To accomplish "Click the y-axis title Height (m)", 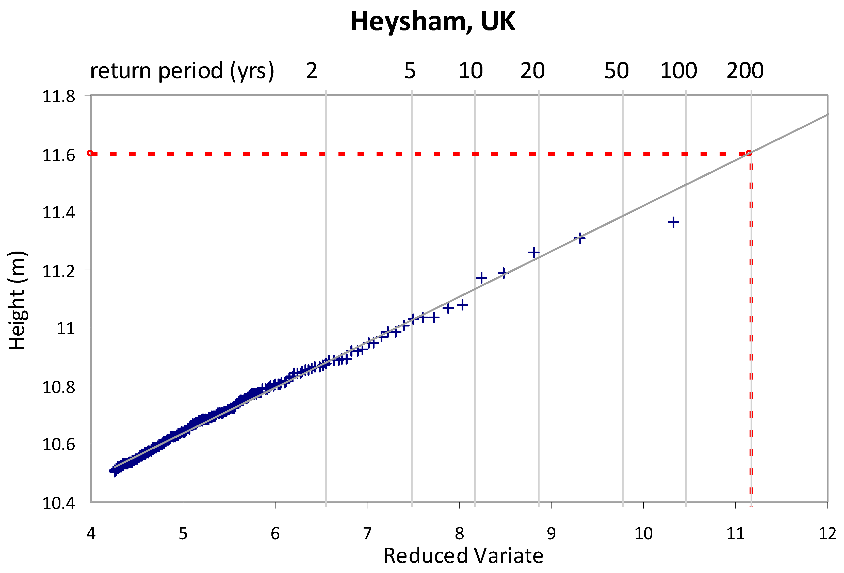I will tap(17, 300).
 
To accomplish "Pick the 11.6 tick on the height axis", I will tap(59, 155).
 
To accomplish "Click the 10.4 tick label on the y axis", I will tap(59, 503).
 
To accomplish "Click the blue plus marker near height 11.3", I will tap(580, 238).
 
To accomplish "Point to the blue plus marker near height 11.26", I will tap(533, 252).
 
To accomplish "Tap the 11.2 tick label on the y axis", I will tap(59, 271).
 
